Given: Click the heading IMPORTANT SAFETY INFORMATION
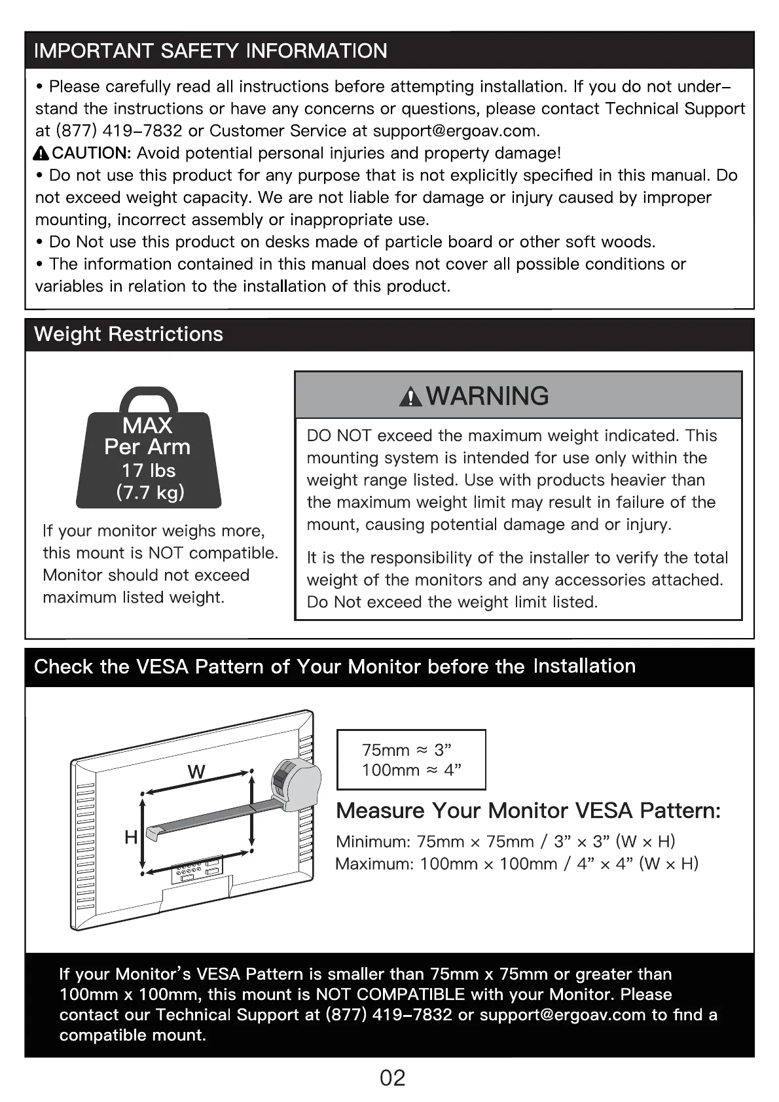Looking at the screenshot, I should pos(210,51).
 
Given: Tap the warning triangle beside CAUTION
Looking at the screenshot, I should pos(41,154).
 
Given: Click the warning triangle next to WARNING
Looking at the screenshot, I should pos(410,397).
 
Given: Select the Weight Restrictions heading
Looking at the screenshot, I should pos(128,334).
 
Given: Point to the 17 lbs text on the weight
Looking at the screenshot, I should pos(149,471).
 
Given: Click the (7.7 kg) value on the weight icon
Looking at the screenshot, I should pos(150,492).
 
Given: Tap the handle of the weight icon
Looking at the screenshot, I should pos(149,398).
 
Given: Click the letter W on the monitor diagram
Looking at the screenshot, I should pos(196,772).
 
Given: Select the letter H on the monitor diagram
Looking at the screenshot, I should pos(131,837).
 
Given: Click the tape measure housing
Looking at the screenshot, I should pos(296,780).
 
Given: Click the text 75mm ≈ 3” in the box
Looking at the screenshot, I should pos(407,750).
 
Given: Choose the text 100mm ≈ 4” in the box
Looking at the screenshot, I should pos(411,770).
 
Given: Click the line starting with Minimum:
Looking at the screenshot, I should pos(505,842).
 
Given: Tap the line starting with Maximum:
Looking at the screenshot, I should pos(516,864).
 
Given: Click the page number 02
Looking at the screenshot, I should pos(392,1078).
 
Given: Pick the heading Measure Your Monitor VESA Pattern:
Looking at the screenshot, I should pos(528,811).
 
